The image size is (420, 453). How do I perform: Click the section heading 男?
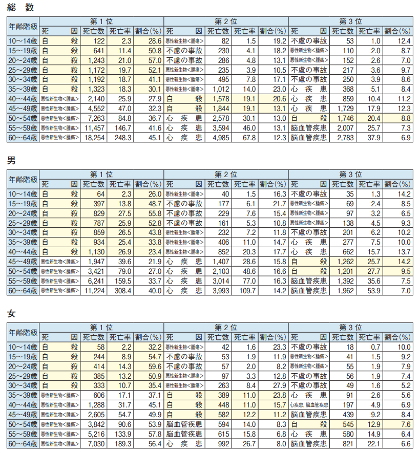(11, 161)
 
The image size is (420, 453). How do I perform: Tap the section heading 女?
(11, 314)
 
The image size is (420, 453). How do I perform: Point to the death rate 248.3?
(121, 138)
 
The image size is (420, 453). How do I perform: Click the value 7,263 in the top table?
(96, 118)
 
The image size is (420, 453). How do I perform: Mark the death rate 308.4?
(121, 290)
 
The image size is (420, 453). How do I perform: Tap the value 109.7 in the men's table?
(246, 290)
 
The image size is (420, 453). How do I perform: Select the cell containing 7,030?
(96, 443)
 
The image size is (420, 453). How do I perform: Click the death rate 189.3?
(121, 443)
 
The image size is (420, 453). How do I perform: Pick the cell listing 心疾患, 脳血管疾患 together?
(309, 405)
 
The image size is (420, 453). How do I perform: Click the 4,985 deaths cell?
(220, 138)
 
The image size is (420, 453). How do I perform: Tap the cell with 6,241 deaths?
(96, 281)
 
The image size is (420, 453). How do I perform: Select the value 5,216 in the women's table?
(96, 434)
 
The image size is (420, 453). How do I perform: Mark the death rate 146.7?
(121, 128)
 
